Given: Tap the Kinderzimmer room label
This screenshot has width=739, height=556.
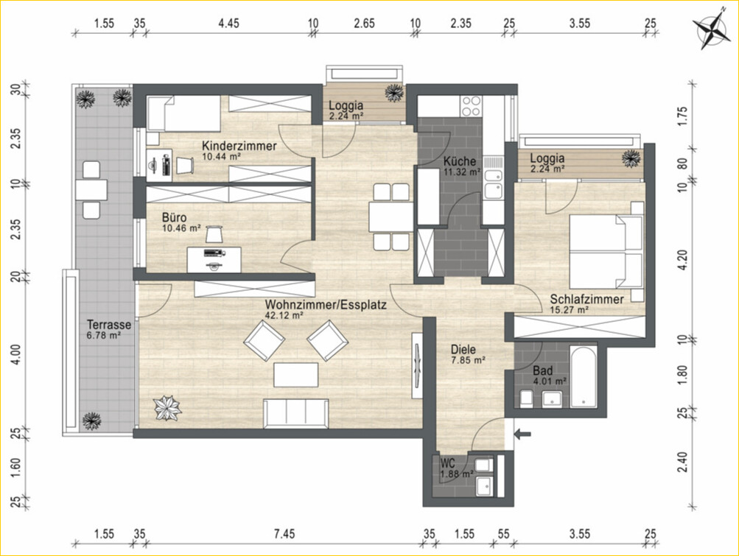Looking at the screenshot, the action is coord(239,146).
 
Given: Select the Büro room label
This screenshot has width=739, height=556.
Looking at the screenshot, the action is coord(174,218).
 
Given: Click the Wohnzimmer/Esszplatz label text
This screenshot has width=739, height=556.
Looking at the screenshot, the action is coord(326,304).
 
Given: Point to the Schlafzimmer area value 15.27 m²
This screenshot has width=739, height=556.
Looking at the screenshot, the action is coord(569,310).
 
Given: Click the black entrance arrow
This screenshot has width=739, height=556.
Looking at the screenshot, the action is coord(522,434).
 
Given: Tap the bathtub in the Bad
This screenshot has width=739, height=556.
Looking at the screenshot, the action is coord(583,378).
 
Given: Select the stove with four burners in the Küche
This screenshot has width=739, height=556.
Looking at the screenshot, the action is coord(472,105).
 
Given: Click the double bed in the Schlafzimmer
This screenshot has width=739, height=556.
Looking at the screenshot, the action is coord(606,251).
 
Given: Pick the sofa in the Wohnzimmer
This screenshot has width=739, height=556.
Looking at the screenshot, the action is coord(296,413).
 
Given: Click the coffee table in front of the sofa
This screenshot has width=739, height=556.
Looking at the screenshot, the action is coord(296,375).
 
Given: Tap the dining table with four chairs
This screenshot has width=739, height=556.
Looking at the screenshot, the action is coord(391,217).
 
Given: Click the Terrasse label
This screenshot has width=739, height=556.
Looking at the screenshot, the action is coord(109,325).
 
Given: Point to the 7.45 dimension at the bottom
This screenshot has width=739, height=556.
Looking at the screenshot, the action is coord(284,533).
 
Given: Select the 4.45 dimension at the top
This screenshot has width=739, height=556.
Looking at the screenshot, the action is coord(228,23).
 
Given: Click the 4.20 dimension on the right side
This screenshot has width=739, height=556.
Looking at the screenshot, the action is coord(683,260).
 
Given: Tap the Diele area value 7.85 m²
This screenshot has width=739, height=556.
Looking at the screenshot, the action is coord(468,360).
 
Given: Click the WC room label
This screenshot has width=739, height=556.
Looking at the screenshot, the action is coord(447,462).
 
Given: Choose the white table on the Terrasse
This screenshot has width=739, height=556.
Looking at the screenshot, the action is coord(91,190).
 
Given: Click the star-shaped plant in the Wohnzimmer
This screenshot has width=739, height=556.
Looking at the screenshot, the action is coord(167,408).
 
